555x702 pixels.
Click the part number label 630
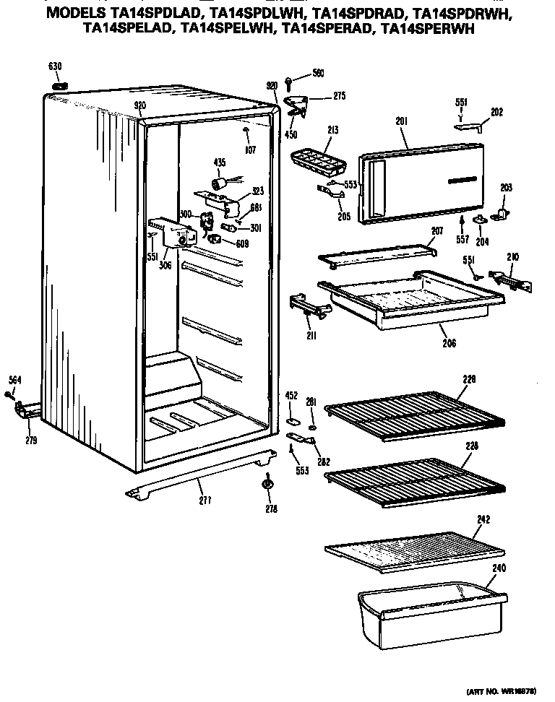click(55, 66)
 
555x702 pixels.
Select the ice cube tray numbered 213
click(319, 155)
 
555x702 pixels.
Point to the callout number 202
click(496, 112)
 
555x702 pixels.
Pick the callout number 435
click(220, 162)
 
